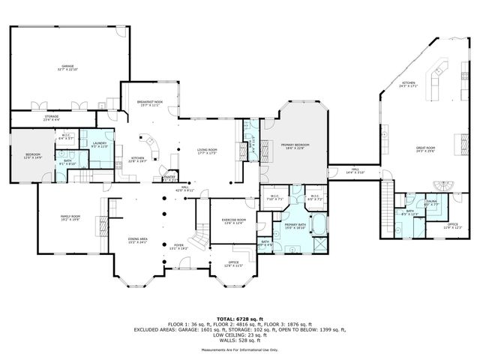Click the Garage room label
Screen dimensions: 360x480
pos(68,67)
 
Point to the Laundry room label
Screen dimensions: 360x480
pos(100,144)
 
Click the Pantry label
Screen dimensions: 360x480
pos(170,178)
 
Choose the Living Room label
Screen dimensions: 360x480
pos(207,151)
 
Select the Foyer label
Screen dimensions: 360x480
pos(178,246)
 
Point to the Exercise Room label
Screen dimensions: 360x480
pos(233,222)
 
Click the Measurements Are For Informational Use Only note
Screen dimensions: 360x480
pos(239,349)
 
